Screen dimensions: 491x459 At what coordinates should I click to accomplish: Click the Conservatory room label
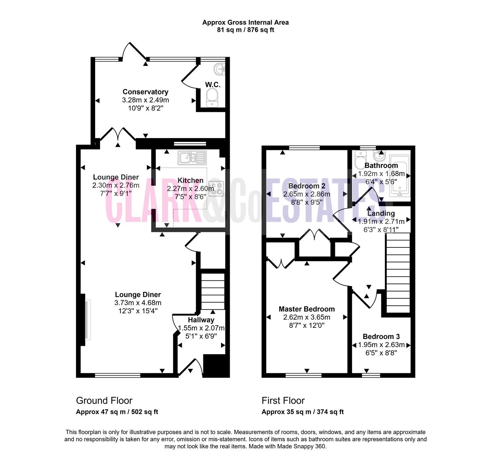(145, 92)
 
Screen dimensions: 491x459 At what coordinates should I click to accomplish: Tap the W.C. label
(213, 85)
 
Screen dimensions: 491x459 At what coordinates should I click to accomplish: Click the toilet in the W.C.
(212, 98)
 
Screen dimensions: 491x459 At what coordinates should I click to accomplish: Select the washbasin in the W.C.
(219, 69)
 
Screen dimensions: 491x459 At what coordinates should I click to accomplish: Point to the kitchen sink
(192, 158)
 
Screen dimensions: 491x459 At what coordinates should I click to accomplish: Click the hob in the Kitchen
(216, 188)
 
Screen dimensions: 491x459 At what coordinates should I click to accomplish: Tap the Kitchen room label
(190, 181)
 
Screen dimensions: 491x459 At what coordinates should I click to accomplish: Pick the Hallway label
(201, 320)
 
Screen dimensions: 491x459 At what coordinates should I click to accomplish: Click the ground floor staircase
(213, 291)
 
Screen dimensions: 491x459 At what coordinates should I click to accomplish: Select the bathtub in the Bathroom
(400, 176)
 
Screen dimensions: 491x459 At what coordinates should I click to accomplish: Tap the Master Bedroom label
(306, 309)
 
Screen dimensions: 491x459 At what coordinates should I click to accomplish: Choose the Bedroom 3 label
(381, 336)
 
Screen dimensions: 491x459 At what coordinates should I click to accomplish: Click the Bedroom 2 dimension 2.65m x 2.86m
(306, 194)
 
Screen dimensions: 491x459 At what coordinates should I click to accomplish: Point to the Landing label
(381, 213)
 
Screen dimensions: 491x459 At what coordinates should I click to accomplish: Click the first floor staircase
(398, 273)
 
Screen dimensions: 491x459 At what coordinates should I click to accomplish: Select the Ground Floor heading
(104, 401)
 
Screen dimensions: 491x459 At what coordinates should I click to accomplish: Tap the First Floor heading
(283, 401)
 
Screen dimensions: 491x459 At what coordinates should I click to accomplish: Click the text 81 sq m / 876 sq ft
(245, 30)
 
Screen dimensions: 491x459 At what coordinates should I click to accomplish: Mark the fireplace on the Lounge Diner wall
(85, 320)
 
